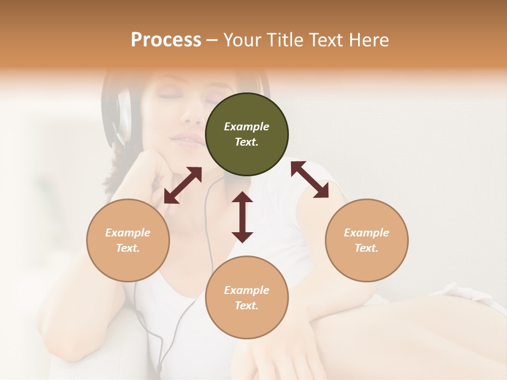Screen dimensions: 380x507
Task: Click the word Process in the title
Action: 166,40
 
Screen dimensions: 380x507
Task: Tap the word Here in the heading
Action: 368,40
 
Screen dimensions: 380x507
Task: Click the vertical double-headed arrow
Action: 242,217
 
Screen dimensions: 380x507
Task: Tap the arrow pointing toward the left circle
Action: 183,185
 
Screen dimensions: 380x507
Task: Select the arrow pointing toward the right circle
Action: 309,179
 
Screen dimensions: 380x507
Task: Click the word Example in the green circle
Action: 247,127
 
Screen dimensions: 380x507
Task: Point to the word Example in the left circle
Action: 128,233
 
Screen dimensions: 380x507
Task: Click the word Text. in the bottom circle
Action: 247,306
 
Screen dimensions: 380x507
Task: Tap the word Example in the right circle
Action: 367,233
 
